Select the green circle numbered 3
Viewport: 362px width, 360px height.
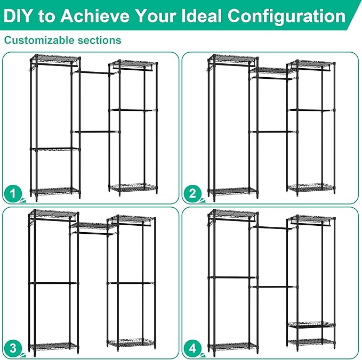click(13, 349)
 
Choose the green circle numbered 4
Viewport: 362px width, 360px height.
click(192, 349)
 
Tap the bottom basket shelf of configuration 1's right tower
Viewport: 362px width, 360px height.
click(134, 187)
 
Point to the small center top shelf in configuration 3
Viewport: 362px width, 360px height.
click(92, 226)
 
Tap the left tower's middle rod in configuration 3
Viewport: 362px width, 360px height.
click(53, 283)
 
